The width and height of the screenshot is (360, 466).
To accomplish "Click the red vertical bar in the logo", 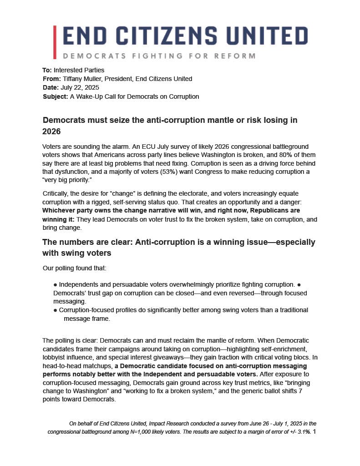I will click(x=55, y=42).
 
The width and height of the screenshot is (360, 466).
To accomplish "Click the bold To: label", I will click(x=47, y=70).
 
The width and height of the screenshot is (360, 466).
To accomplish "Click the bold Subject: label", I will click(x=56, y=96).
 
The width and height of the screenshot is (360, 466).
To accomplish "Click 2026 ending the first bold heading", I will click(x=51, y=131).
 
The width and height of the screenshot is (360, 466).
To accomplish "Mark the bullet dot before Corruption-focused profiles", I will click(x=55, y=310).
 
